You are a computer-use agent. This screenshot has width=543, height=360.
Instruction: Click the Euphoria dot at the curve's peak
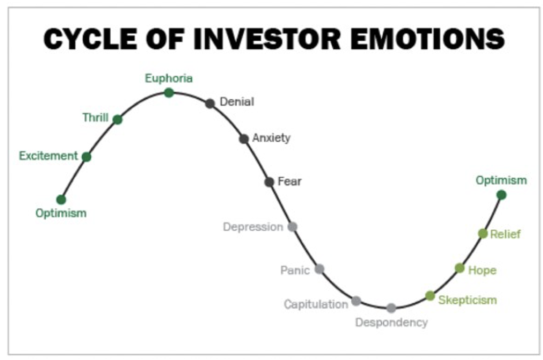[x=169, y=93]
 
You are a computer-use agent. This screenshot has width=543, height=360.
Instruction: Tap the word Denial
[x=237, y=102]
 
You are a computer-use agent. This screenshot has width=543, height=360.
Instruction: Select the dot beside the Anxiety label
[x=244, y=139]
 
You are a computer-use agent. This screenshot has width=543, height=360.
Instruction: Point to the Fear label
[x=290, y=181]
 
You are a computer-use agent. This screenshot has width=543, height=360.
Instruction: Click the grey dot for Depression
[x=292, y=227]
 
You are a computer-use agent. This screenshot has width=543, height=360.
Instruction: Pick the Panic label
[x=295, y=270]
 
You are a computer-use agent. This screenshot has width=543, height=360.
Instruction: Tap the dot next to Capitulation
[x=356, y=301]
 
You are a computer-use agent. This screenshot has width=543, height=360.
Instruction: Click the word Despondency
[x=391, y=323]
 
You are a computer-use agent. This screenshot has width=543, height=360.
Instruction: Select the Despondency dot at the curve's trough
[x=391, y=308]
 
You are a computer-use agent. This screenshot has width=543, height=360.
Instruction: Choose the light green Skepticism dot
[x=430, y=296]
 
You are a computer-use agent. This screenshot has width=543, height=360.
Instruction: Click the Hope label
[x=482, y=270]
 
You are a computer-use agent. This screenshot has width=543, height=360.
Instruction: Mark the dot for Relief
[x=483, y=233]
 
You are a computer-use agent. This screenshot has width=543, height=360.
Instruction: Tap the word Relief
[x=505, y=234]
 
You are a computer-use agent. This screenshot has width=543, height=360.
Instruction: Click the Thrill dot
[x=118, y=120]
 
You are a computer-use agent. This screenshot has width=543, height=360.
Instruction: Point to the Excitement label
[x=49, y=156]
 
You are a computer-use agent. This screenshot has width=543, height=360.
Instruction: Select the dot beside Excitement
[x=87, y=157]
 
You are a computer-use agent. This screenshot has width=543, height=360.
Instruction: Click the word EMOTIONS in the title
[x=427, y=39]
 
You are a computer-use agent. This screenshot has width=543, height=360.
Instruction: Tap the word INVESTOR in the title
[x=267, y=39]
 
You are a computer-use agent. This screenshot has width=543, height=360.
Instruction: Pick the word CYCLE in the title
[x=90, y=39]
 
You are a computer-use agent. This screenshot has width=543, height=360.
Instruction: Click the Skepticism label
[x=468, y=300]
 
